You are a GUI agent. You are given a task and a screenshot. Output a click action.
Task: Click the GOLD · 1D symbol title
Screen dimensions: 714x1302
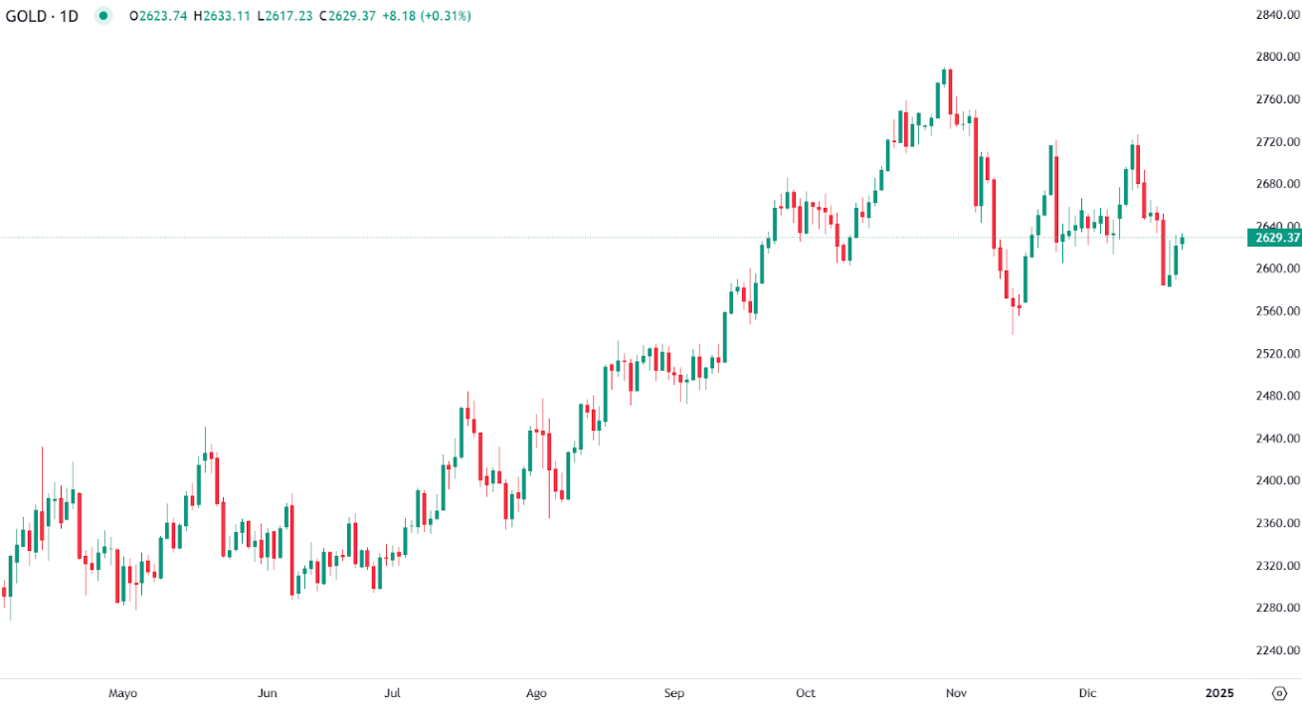pos(42,16)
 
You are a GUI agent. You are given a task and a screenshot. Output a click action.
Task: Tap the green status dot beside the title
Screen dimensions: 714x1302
pos(103,16)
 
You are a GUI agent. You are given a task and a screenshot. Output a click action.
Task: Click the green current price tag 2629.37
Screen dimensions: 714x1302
pos(1273,238)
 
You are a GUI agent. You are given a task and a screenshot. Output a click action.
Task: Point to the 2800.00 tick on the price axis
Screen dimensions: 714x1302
pos(1276,57)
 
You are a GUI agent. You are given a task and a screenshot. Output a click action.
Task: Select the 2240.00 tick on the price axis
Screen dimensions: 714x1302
pos(1276,650)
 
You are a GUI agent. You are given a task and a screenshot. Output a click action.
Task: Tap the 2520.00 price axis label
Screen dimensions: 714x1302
pos(1276,353)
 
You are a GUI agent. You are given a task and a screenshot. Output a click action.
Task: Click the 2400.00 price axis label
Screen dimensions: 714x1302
pos(1276,480)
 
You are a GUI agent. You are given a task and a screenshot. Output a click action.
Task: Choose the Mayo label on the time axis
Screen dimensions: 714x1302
pos(122,693)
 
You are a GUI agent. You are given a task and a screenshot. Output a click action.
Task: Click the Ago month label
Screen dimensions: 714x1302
pos(536,693)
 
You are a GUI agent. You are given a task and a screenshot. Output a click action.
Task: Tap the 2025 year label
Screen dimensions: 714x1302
pos(1219,693)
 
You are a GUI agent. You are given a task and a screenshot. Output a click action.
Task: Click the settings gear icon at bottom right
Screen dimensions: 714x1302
pos(1279,693)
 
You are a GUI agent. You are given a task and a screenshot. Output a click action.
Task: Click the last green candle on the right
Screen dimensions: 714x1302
pos(1182,241)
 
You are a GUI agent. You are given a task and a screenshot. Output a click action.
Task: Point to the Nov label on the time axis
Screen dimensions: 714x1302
pos(956,693)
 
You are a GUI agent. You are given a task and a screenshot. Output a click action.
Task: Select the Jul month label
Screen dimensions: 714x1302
pos(393,693)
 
